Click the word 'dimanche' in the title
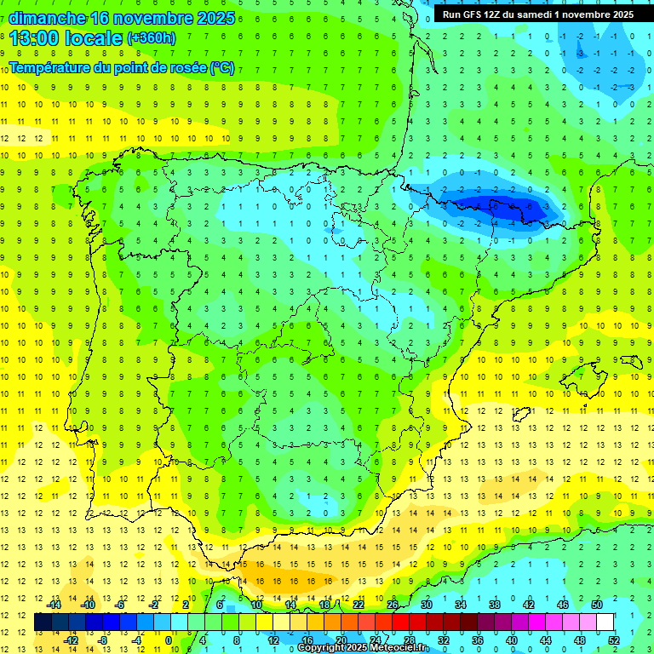tap(48, 18)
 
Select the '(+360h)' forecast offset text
tap(152, 38)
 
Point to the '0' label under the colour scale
tap(169, 640)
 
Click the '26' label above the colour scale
tap(393, 605)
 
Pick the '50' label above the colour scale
tap(597, 605)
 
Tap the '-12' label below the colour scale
tap(71, 640)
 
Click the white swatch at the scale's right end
tap(605, 622)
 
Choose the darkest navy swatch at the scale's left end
tap(43, 622)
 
